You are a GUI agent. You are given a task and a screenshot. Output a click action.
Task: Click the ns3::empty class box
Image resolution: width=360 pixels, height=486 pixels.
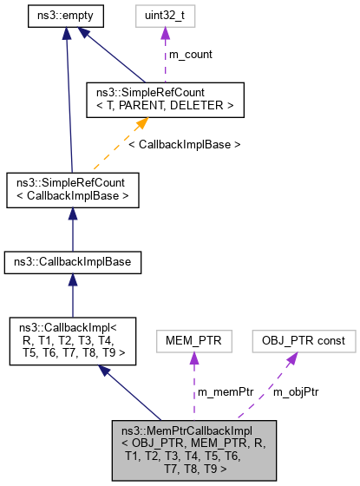point(66,15)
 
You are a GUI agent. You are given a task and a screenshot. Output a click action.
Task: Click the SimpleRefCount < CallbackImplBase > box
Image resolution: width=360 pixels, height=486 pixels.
point(73,189)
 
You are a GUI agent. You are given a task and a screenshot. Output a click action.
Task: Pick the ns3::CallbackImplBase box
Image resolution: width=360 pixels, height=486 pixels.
point(73,261)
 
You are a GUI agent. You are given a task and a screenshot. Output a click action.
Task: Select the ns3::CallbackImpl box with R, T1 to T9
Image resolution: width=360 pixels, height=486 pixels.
point(73,340)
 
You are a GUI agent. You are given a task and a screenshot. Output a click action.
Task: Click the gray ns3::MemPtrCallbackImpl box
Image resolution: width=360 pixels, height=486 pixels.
point(193,449)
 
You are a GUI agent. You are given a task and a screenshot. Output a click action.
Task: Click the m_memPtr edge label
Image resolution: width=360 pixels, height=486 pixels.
point(224,392)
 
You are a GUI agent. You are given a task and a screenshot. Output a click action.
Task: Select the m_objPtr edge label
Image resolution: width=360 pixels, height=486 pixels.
point(296,392)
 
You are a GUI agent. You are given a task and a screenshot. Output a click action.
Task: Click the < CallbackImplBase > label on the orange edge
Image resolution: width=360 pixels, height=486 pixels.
point(184,143)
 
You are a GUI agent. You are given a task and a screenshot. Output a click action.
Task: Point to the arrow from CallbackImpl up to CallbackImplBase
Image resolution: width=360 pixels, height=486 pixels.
point(73,297)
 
